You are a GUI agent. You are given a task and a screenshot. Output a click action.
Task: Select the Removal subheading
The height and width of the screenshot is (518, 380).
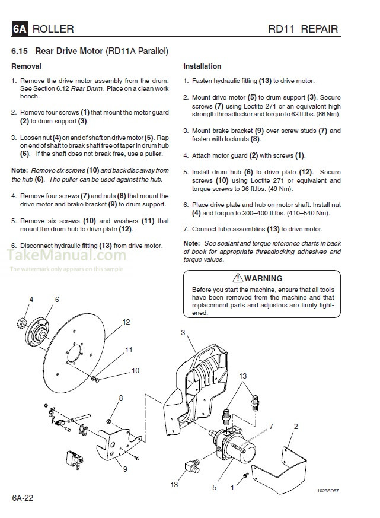(27, 66)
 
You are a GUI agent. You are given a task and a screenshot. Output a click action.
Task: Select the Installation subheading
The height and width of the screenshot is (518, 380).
(202, 66)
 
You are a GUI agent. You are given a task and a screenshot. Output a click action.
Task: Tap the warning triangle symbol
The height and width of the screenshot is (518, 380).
(238, 278)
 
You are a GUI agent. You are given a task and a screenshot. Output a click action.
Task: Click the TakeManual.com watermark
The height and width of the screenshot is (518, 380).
(66, 256)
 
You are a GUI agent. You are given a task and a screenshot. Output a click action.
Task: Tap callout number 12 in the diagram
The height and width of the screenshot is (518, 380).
(126, 322)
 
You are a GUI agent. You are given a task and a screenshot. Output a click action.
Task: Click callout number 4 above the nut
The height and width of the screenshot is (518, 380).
(31, 299)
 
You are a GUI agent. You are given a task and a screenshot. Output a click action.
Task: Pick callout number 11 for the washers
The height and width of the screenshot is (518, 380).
(129, 350)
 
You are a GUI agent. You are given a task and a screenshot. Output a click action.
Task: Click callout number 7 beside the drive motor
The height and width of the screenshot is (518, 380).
(272, 426)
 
